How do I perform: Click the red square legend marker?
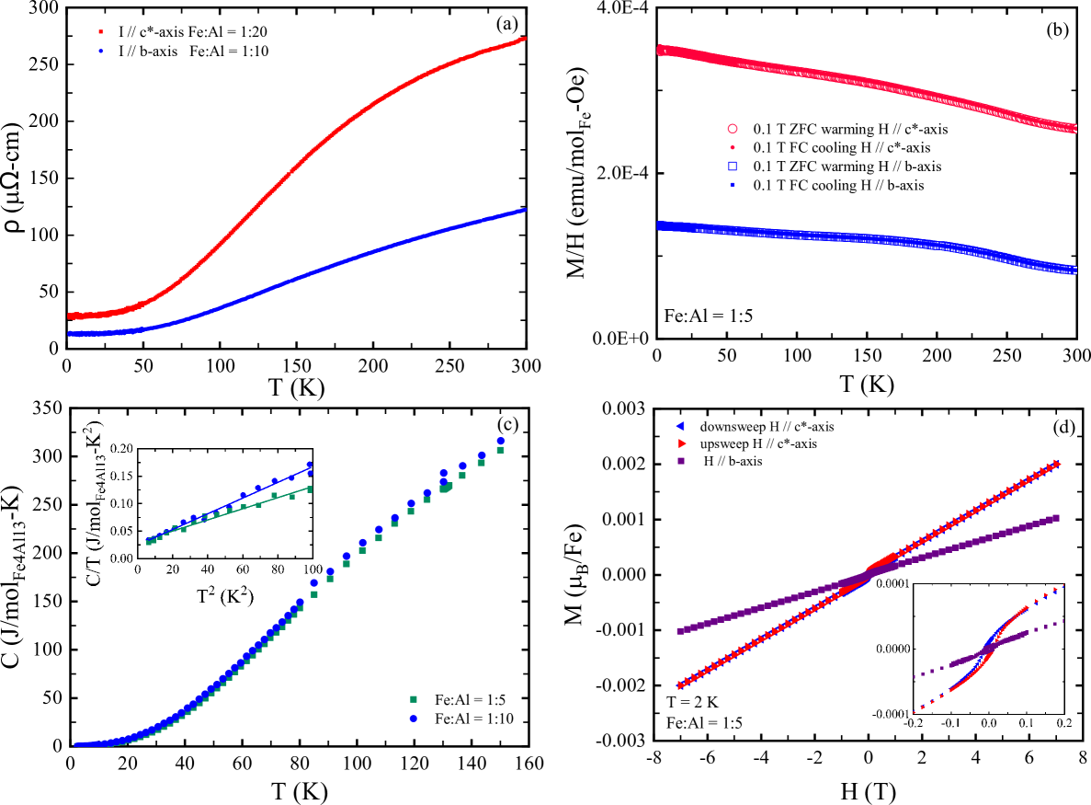click(101, 32)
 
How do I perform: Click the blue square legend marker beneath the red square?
click(101, 52)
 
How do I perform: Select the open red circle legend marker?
click(733, 129)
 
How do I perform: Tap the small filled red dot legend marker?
click(733, 147)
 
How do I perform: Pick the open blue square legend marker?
click(733, 166)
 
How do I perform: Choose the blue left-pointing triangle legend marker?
click(680, 425)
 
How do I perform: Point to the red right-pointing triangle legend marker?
click(681, 443)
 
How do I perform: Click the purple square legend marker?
click(681, 461)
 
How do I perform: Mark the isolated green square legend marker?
click(414, 699)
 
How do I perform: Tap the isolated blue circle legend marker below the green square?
click(414, 719)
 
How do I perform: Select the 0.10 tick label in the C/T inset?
click(119, 503)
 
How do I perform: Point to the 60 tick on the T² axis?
click(242, 569)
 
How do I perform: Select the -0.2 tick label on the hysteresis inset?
click(913, 723)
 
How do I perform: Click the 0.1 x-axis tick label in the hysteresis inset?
click(1026, 723)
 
